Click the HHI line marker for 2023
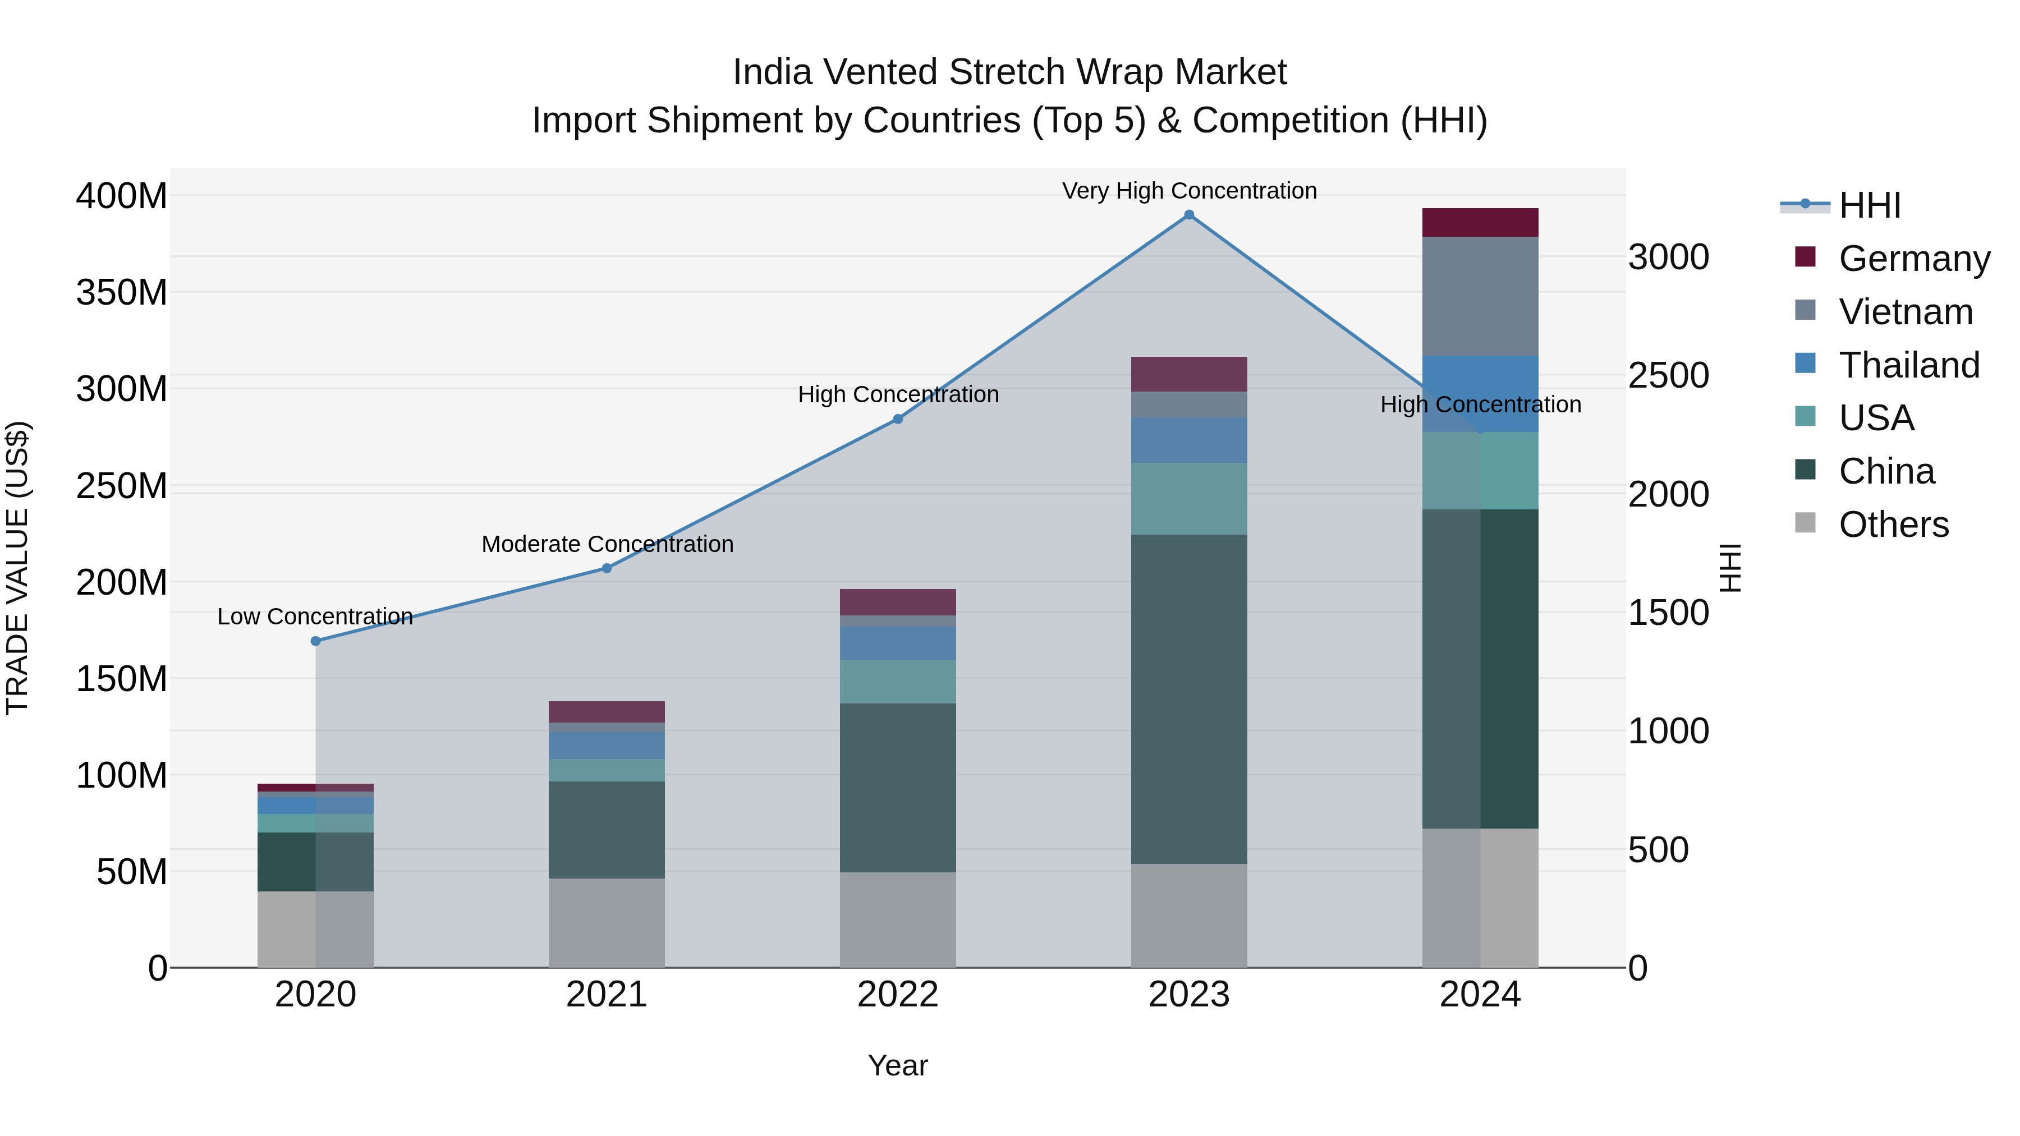1189,215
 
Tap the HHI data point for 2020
316,641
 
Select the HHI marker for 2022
898,420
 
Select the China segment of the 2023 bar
1189,700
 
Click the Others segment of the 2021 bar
606,923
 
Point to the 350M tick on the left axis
122,292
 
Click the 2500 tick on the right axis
1668,375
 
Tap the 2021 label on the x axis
606,995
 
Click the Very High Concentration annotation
1189,191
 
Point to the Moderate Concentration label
607,544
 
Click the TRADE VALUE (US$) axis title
17,568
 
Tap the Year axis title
898,1065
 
